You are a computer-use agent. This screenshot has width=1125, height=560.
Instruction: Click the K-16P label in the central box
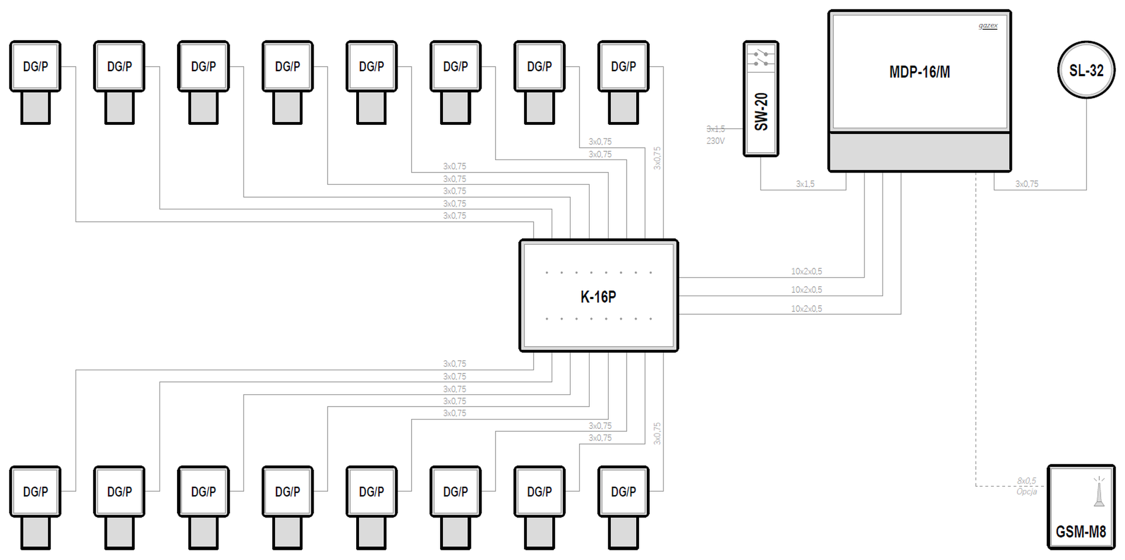click(598, 297)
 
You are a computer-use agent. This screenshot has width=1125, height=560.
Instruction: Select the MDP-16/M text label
click(919, 72)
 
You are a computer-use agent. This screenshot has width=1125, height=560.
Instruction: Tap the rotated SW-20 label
click(761, 112)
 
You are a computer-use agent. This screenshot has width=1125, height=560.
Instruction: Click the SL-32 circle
click(1086, 70)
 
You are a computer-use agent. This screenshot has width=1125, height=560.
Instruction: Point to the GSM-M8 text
click(1081, 531)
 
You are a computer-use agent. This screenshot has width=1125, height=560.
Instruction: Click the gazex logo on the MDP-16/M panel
click(988, 26)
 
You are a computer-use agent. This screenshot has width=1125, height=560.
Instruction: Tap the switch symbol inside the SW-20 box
click(761, 58)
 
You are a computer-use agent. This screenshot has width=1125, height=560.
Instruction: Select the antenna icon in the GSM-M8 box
click(1099, 492)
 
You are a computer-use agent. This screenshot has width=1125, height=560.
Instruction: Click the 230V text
click(716, 141)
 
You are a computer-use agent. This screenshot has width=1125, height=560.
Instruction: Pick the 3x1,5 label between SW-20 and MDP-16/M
click(805, 184)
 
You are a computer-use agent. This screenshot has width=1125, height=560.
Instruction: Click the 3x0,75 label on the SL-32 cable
click(1027, 184)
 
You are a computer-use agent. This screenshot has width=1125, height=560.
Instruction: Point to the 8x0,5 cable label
click(1026, 480)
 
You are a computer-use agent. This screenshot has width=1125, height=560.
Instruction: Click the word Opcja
click(1026, 492)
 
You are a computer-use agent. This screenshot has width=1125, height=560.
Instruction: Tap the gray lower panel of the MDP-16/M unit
click(919, 151)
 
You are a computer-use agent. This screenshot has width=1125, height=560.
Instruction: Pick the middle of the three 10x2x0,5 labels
click(806, 290)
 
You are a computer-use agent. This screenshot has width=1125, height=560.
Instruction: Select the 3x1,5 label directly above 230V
click(716, 129)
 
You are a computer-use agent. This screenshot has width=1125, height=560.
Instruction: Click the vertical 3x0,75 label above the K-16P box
click(657, 158)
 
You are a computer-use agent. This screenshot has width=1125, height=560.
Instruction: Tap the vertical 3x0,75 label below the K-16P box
click(657, 433)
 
